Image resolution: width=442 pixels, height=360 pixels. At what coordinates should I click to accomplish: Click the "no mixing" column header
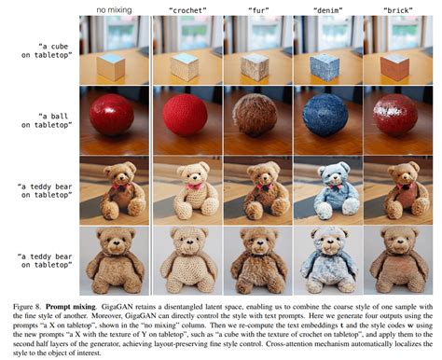pos(114,10)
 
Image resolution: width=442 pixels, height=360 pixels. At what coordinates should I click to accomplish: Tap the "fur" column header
pos(257,10)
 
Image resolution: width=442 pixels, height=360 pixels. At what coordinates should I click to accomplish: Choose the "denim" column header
pos(328,10)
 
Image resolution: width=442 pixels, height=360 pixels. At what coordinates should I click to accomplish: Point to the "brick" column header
pos(399,10)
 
